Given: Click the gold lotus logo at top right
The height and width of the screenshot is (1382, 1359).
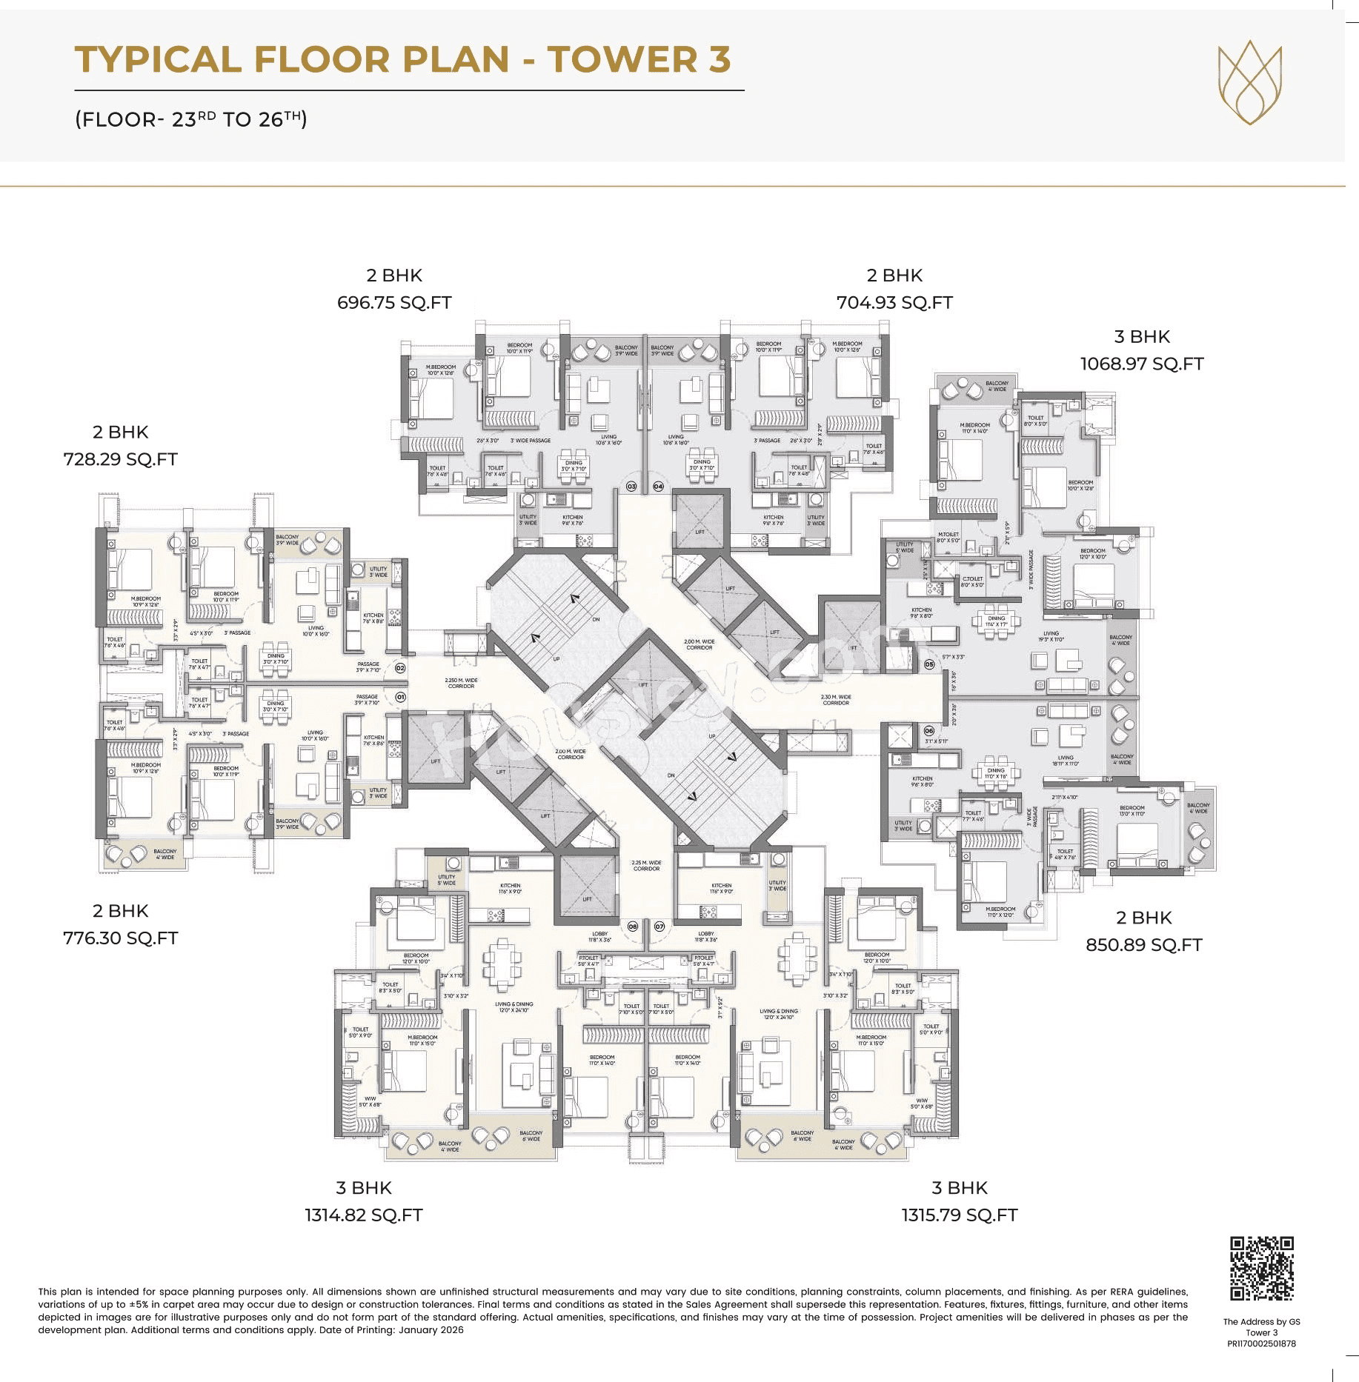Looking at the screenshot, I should tap(1249, 82).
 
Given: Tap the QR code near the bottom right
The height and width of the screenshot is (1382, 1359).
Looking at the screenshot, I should tap(1261, 1268).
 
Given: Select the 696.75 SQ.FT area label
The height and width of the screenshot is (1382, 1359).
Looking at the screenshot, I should tap(394, 303).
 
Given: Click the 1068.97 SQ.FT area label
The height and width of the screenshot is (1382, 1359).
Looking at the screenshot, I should tap(1141, 364).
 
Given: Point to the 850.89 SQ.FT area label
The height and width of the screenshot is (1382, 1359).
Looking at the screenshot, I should tap(1143, 945).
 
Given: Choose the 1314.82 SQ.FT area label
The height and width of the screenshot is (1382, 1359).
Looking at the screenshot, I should tap(363, 1215).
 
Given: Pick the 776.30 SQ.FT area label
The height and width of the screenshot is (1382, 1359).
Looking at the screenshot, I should tap(120, 938).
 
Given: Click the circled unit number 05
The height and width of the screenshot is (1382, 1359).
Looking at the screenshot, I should tap(929, 665).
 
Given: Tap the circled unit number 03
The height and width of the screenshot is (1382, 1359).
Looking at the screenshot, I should tap(631, 487).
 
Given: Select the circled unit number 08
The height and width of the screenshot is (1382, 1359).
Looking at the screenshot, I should tap(633, 927).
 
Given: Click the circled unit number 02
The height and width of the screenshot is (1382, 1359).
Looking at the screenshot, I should tap(400, 668).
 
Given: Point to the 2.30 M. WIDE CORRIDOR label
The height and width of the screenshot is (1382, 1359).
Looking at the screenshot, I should tap(836, 700).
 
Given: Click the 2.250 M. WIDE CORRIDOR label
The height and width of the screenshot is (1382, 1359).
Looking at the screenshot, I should tap(461, 683).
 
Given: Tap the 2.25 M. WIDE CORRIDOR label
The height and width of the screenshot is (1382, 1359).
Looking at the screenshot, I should tap(646, 865).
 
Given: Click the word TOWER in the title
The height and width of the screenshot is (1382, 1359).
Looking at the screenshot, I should tap(622, 59).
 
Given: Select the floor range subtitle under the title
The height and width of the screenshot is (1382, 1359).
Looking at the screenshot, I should tap(190, 119).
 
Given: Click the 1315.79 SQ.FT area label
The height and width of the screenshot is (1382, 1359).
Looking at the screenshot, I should tap(959, 1215).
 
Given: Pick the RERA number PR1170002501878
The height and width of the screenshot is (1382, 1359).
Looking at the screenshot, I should tap(1261, 1343).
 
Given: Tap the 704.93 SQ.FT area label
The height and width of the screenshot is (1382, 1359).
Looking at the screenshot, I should tap(894, 303).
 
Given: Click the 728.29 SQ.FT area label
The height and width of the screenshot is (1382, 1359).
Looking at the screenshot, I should tap(120, 459).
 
